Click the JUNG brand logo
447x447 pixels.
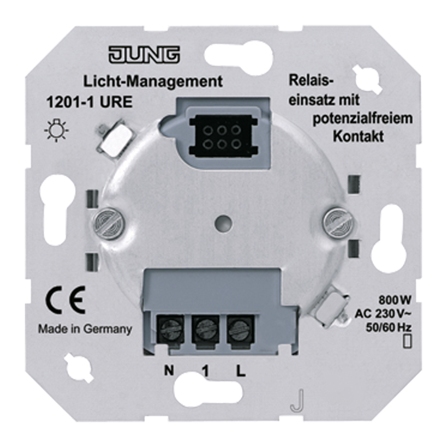click(144, 55)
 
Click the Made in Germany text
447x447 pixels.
click(85, 328)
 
